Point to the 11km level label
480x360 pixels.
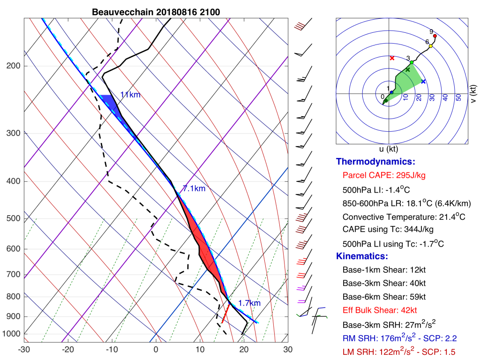click(130, 95)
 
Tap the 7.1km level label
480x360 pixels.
click(194, 189)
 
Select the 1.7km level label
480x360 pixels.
click(249, 303)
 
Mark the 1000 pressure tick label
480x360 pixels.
click(11, 334)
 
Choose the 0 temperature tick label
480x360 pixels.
click(156, 349)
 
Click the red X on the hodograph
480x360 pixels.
click(392, 58)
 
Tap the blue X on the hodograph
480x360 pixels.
click(423, 82)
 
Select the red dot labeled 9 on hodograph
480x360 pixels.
click(435, 36)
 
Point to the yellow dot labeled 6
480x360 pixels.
click(430, 46)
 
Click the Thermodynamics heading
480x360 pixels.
click(375, 162)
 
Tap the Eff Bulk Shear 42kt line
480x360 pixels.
click(380, 310)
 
